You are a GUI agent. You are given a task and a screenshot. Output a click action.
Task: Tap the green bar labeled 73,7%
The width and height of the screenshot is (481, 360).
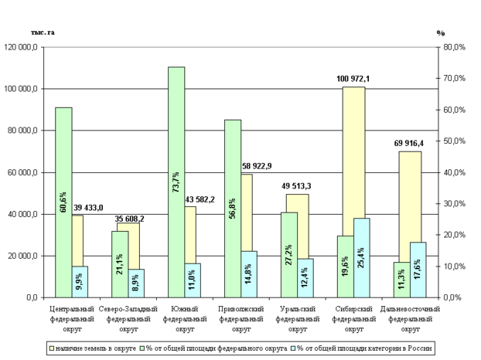176,182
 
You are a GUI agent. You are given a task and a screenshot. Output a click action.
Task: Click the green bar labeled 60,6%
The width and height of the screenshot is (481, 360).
63,202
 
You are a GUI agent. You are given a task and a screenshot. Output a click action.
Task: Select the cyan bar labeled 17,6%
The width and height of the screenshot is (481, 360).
418,270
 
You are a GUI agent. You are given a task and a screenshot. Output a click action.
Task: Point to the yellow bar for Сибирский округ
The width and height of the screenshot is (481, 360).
354,155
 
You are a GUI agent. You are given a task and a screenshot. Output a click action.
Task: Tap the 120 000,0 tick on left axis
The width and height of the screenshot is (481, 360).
24,47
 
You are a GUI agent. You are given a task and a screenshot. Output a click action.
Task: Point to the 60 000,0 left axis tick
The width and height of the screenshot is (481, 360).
26,172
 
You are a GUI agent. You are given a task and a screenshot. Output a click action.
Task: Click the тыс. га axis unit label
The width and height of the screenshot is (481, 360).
40,33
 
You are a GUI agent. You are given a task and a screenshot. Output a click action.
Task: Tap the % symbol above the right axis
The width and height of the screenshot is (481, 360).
441,33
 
